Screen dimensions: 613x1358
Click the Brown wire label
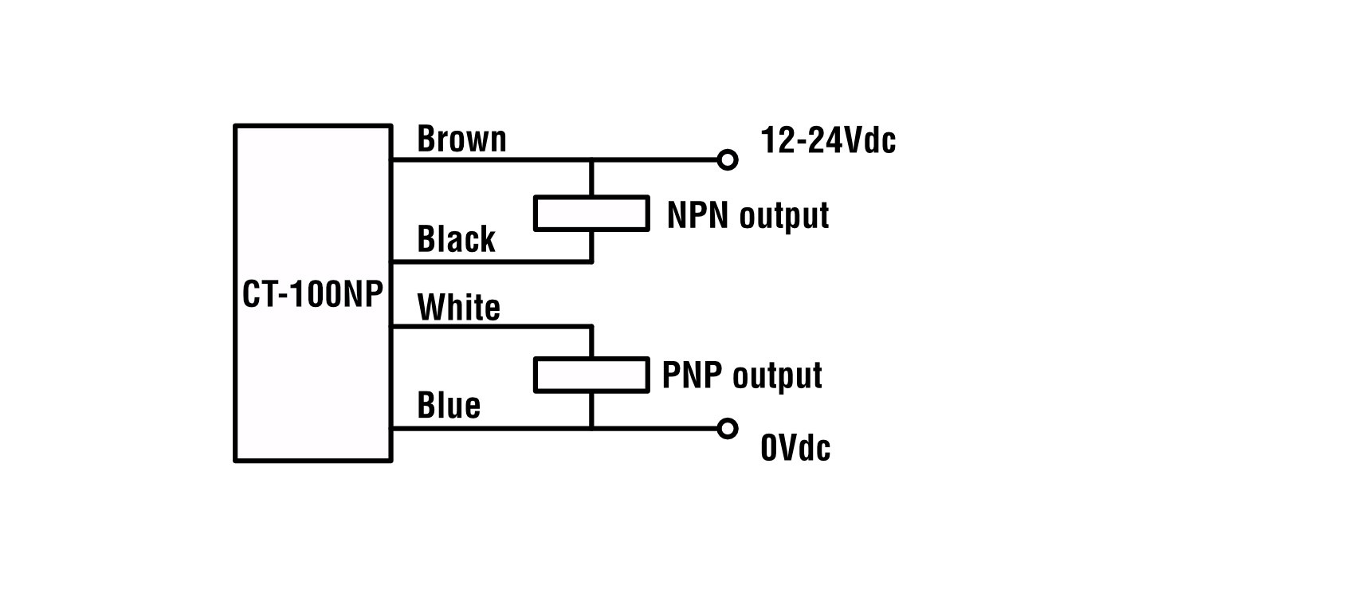[461, 139]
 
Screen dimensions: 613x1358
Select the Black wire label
[456, 239]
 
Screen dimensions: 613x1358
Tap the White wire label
[458, 308]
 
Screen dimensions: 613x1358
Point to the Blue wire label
[449, 406]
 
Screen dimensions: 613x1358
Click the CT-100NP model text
[312, 295]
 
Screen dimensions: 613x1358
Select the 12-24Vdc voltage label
[828, 141]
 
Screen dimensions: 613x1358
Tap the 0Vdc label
[795, 448]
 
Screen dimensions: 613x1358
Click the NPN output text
[748, 215]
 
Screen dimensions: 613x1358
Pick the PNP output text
[741, 375]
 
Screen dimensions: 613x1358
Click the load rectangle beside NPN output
[591, 214]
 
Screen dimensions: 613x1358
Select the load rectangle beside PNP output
[591, 375]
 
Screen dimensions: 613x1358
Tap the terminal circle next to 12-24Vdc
[727, 160]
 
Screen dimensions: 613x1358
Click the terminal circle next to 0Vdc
[727, 429]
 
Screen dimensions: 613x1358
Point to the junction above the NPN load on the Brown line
[591, 160]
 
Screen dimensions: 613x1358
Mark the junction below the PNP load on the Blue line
[591, 429]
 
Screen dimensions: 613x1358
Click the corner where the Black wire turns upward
[591, 261]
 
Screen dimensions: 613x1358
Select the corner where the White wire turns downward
[591, 327]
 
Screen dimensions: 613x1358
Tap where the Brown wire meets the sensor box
[391, 160]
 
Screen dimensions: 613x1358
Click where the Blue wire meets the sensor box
[391, 429]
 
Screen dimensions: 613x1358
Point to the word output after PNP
[776, 376]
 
